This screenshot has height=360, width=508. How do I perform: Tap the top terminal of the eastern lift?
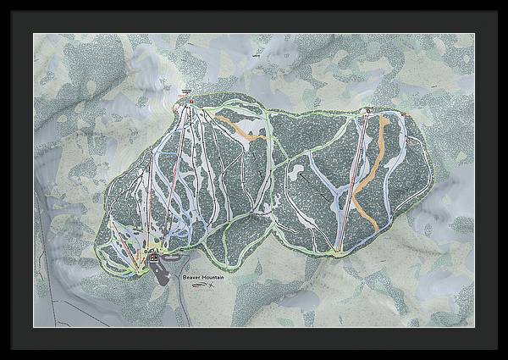pyautogui.click(x=368, y=110)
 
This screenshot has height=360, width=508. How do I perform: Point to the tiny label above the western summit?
pyautogui.click(x=187, y=89)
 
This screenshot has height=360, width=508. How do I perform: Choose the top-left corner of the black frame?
pyautogui.click(x=3, y=3)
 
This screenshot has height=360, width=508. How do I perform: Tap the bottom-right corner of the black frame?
pyautogui.click(x=505, y=357)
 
